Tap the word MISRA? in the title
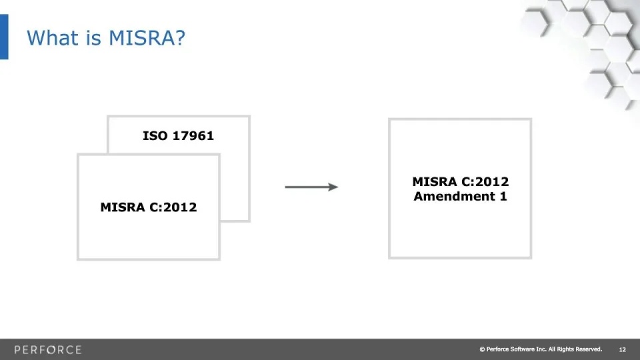click(x=147, y=37)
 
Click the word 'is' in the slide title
click(x=93, y=37)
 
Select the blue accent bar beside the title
click(x=4, y=37)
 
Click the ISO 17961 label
click(x=179, y=135)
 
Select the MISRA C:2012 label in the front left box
click(x=149, y=207)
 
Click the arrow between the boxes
click(x=311, y=187)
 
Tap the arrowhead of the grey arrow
click(x=333, y=187)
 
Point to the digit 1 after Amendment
click(x=503, y=196)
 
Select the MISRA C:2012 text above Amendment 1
click(x=461, y=181)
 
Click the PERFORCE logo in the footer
click(x=48, y=350)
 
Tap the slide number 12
click(x=623, y=349)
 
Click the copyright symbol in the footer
click(x=482, y=349)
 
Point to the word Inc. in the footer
click(x=541, y=349)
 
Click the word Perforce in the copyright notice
click(x=497, y=349)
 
